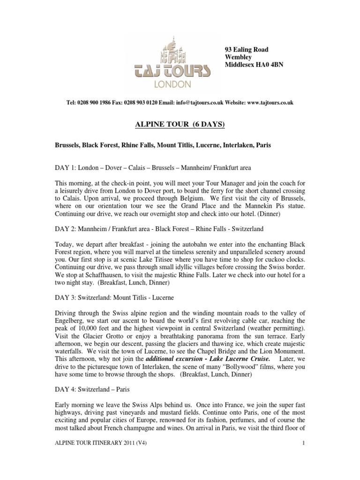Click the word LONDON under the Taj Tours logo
[176, 85]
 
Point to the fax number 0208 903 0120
[145, 103]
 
